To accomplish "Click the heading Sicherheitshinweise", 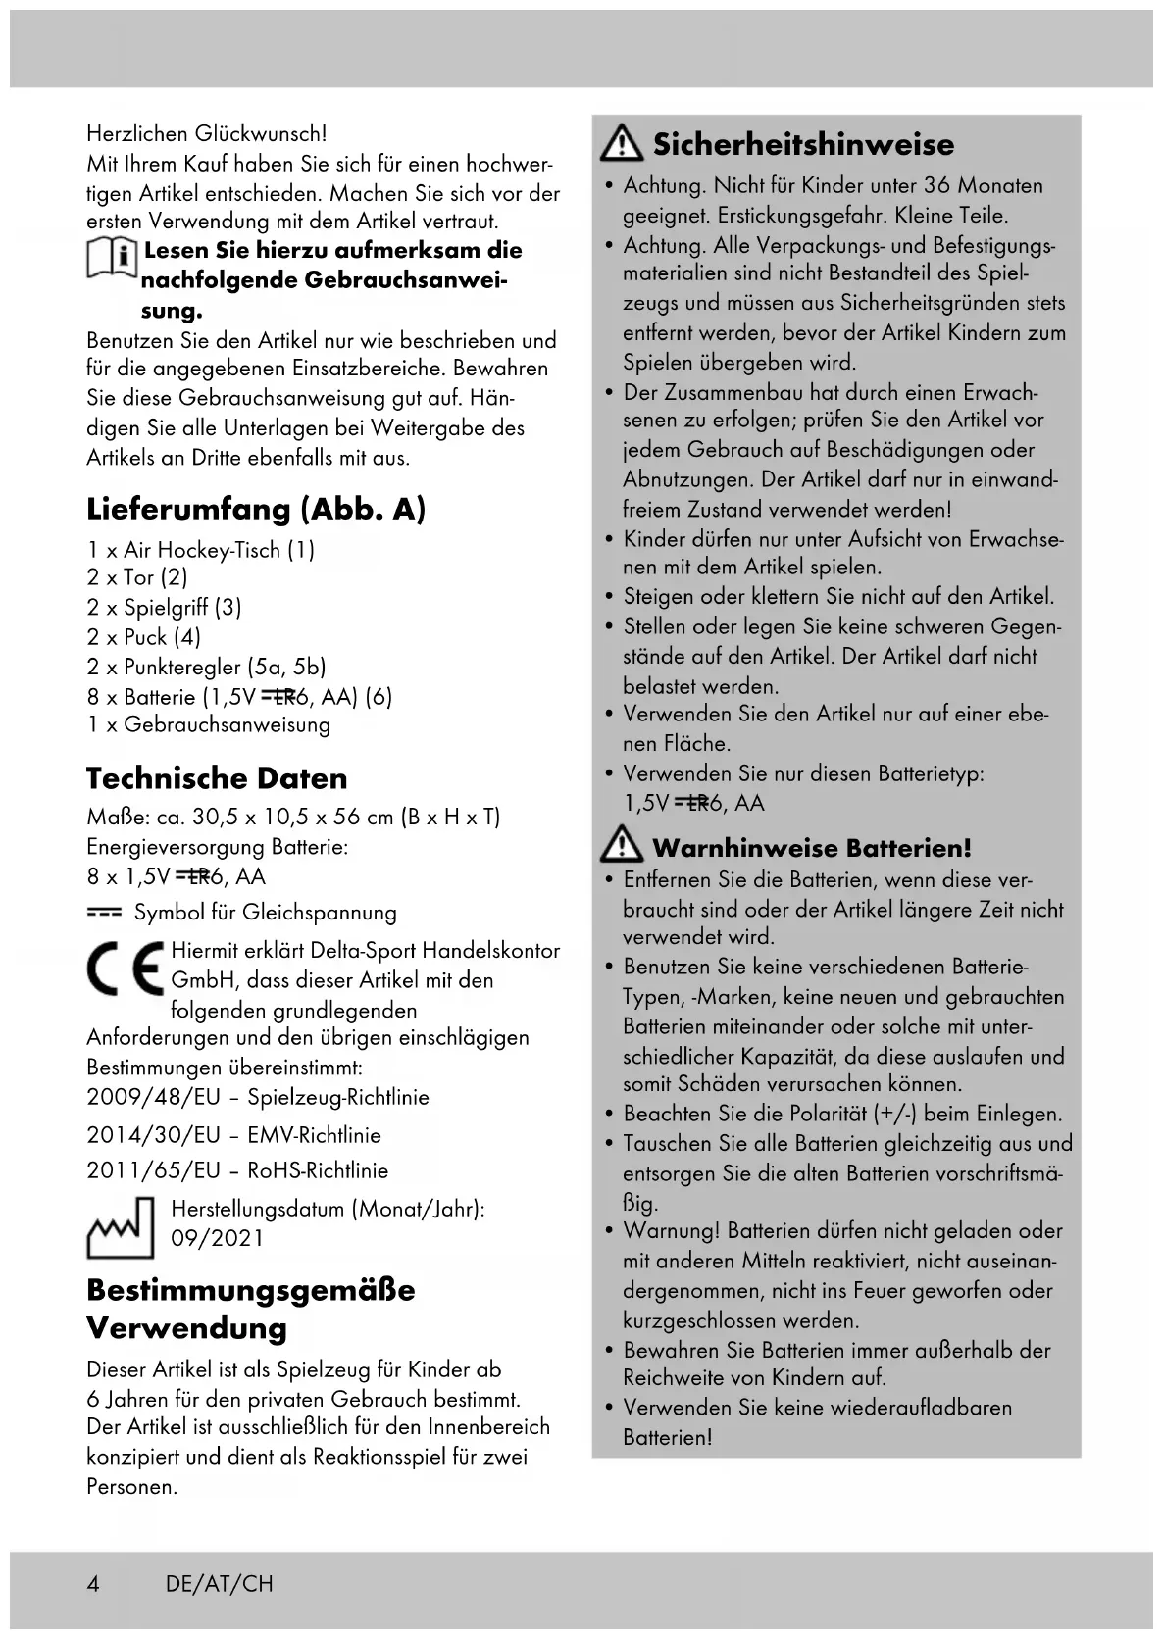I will (x=803, y=145).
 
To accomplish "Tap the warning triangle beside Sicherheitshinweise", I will (x=621, y=145).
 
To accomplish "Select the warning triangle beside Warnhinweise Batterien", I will (x=621, y=846).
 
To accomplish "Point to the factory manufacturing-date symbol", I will (x=121, y=1227).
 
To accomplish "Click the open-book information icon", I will (x=112, y=262).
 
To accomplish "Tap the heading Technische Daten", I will (x=217, y=778).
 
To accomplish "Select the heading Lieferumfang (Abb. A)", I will (x=256, y=509).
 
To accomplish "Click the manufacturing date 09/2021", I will (x=218, y=1238).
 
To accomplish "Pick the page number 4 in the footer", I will (x=93, y=1584).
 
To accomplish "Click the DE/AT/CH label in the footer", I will (x=220, y=1584).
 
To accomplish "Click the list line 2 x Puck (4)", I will (x=144, y=637).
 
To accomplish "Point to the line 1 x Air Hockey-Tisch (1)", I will (x=201, y=550).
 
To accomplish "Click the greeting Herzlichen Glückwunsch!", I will (x=207, y=133).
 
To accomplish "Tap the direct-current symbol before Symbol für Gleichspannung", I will (x=104, y=913).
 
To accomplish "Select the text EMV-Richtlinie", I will (x=314, y=1135).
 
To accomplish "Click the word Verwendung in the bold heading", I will (x=187, y=1328).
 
